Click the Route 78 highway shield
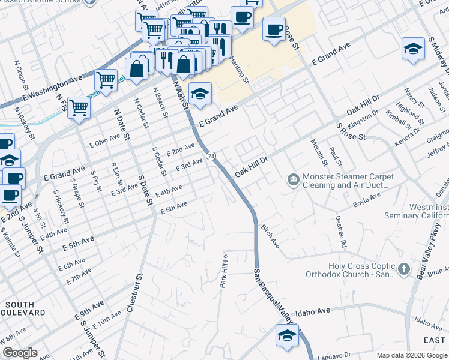click(x=211, y=156)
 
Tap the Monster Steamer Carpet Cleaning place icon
click(x=293, y=179)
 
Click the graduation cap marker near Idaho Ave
click(x=287, y=335)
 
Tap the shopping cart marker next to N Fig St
click(x=79, y=109)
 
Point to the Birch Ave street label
click(x=270, y=236)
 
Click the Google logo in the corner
click(x=20, y=353)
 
